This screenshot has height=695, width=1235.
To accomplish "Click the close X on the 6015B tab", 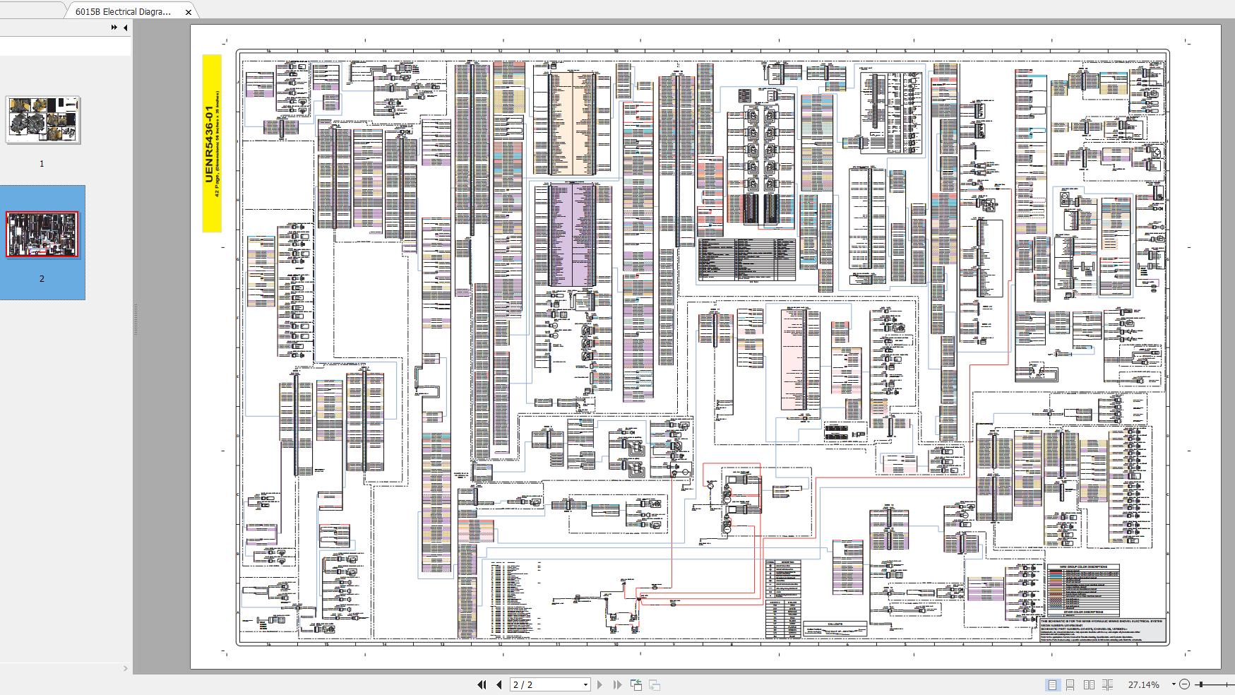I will pos(189,12).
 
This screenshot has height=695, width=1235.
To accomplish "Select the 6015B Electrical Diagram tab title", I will pos(123,12).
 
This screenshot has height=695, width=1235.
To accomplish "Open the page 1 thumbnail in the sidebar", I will pos(43,120).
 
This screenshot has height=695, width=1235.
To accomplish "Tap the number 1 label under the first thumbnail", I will pos(42,164).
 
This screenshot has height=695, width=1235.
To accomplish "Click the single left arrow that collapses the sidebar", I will pos(125,28).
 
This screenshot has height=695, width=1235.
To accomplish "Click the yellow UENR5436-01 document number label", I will pos(209,144).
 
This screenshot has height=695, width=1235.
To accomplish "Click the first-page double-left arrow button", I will pos(482,684).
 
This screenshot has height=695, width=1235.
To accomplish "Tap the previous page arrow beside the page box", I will pos(499,684).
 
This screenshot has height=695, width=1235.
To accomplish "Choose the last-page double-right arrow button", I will pos(617,684).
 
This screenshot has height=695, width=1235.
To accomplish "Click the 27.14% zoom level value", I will pos(1143,684).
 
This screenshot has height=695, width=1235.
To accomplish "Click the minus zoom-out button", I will pos(1185,684).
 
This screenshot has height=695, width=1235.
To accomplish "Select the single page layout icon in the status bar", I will pos(1052,684).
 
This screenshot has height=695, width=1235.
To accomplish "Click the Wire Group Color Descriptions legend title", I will pos(1082,567).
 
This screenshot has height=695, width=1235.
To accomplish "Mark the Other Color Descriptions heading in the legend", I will pos(1082,612).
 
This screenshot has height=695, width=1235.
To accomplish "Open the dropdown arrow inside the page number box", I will pos(585,684).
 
